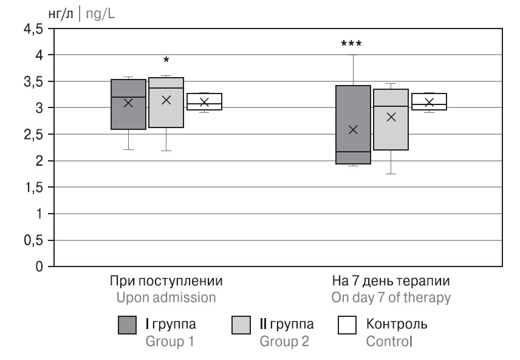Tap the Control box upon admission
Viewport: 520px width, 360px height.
pos(204,101)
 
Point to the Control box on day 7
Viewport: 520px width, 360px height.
pos(429,101)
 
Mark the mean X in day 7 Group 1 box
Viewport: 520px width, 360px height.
pos(354,129)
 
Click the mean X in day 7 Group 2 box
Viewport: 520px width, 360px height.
pos(391,117)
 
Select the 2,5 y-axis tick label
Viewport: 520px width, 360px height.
pos(34,135)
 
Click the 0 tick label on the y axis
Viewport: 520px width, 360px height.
pos(40,267)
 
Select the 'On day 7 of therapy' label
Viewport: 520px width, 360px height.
pos(391,298)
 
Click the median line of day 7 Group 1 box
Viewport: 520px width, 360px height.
pos(354,152)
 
